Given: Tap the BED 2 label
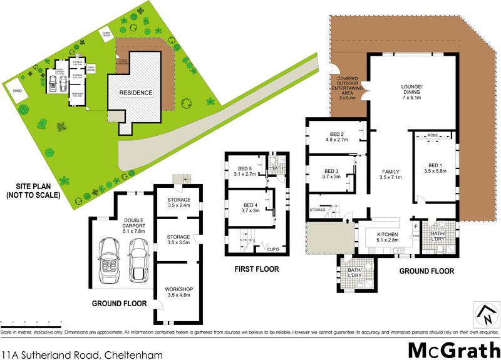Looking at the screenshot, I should (337, 137).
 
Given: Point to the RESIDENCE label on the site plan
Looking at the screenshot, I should (137, 93).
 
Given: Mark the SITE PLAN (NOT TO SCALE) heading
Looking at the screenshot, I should (34, 190).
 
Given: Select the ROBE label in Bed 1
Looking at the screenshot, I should (433, 135).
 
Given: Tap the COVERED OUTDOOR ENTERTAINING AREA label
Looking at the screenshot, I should (347, 90).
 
